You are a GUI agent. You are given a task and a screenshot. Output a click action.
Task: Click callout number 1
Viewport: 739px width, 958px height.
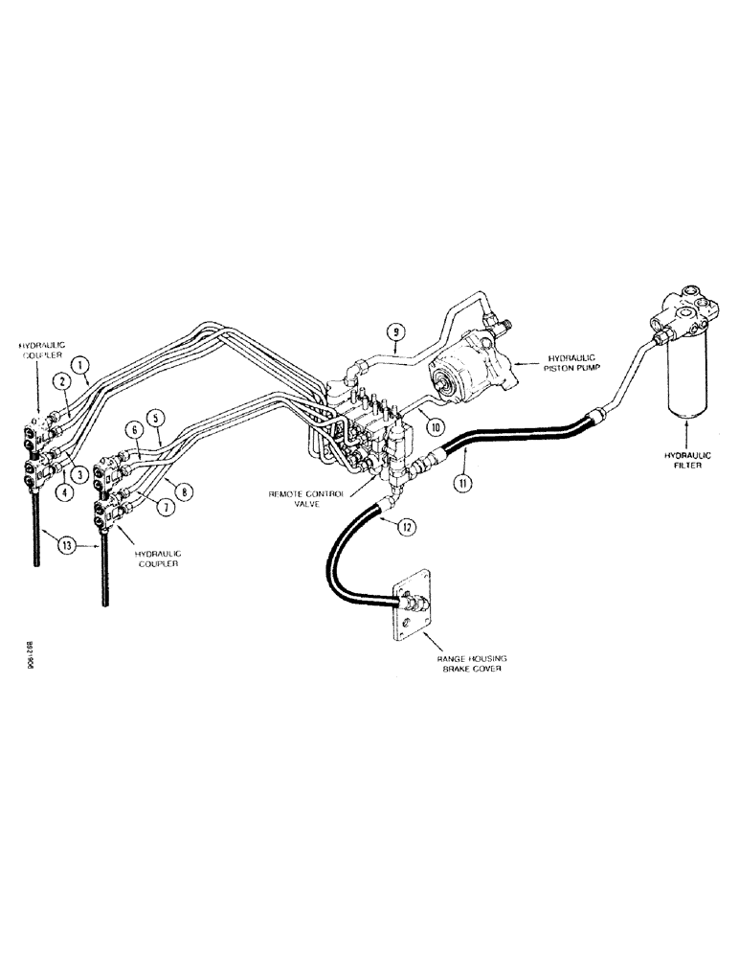click(82, 365)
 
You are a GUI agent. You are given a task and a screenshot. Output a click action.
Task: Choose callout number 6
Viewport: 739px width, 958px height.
click(135, 432)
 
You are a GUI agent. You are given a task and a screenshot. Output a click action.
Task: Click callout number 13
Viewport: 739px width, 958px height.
click(65, 546)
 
